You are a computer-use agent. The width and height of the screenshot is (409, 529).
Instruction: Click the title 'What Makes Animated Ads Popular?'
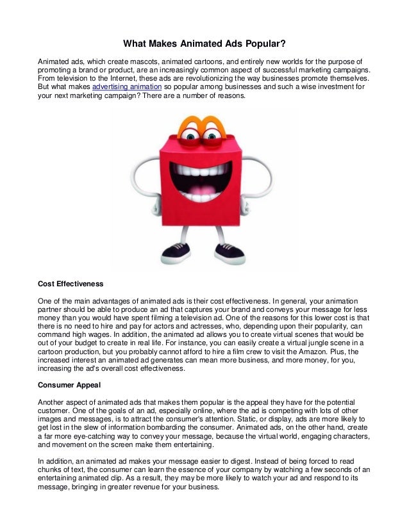(x=204, y=44)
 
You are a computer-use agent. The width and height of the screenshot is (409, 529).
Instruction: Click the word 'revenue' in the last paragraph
(x=157, y=487)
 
